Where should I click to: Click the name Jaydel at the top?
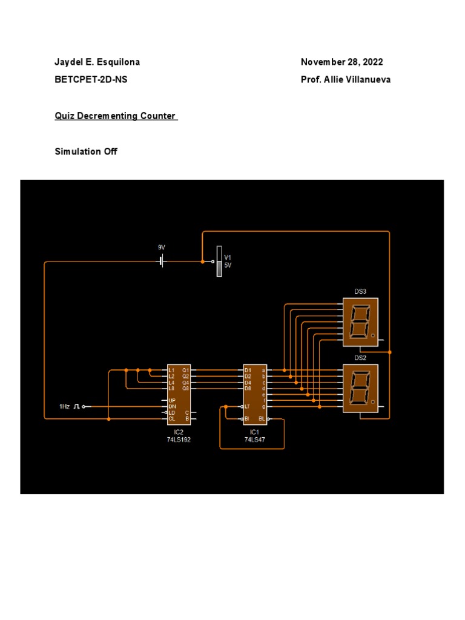coord(68,62)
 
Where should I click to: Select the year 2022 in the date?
coord(371,62)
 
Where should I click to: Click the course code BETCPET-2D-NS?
coord(91,80)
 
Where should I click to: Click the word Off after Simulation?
coord(110,151)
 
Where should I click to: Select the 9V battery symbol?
coord(161,261)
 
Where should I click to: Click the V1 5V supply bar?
coord(219,262)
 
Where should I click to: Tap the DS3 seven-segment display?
coord(360,322)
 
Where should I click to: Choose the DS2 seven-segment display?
coord(360,388)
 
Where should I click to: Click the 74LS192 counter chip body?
coord(179,394)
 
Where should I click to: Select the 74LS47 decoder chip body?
coord(255,394)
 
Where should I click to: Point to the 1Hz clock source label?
coord(64,406)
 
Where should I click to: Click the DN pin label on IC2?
coord(172,406)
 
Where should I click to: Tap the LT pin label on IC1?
coord(247,406)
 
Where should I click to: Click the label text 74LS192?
coord(179,440)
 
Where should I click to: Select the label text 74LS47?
coord(255,440)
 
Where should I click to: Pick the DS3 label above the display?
coord(360,291)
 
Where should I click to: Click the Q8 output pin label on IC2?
coord(186,388)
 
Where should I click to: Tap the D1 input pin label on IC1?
coord(248,370)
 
